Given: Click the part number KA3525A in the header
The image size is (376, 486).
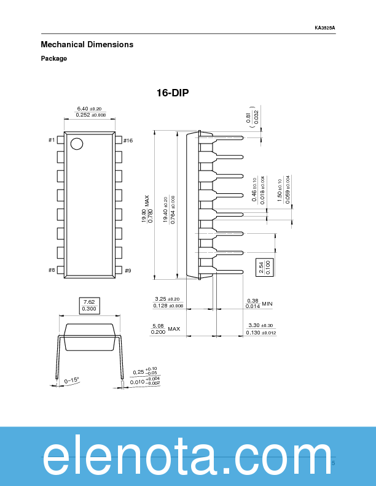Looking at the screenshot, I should tap(325, 28).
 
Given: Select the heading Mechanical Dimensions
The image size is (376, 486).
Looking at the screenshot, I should tap(87, 45).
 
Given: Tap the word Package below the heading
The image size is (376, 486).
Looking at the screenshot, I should tap(54, 59).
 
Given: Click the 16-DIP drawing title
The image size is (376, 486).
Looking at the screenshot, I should tap(173, 93).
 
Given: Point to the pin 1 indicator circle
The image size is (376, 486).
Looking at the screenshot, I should tap(77, 144).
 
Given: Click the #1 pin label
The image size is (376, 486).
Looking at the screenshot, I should tap(52, 141).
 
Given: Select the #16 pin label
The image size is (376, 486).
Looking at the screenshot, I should tap(128, 141).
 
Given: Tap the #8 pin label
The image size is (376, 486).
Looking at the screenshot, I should tap(52, 270).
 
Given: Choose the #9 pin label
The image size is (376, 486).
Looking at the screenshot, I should tap(128, 270).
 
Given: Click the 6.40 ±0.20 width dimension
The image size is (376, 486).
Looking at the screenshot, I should tap(90, 108).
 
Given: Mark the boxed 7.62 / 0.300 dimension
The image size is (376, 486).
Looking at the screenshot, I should tap(89, 305).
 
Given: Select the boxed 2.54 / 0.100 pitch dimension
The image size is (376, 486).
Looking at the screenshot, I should tap(264, 268).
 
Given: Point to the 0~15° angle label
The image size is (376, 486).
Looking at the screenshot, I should tap(72, 380).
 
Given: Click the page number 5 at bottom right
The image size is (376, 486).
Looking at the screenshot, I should tap(333, 463).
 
